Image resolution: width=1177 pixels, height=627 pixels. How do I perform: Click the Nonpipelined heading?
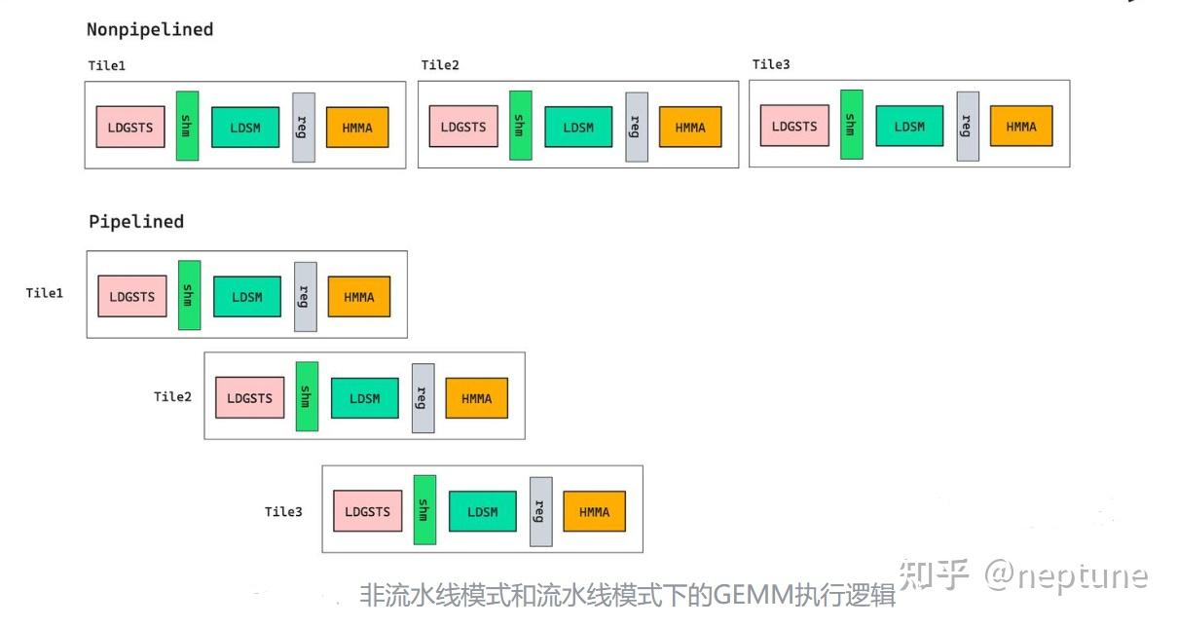point(150,29)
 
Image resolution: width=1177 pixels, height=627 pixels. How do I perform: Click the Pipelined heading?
point(136,221)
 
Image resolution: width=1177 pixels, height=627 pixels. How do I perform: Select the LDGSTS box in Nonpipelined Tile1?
point(130,127)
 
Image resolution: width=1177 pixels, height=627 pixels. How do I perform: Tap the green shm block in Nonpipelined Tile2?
point(521,126)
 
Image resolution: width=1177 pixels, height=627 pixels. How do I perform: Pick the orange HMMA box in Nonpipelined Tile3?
point(1021,127)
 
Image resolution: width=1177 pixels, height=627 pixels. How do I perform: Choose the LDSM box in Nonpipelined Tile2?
point(578,127)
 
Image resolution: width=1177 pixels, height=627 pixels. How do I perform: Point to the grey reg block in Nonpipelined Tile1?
point(304,127)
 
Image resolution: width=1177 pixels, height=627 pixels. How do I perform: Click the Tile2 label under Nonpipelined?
point(440,65)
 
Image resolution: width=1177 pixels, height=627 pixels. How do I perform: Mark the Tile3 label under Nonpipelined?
point(771,64)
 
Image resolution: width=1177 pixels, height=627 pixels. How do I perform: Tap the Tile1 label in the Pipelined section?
point(45,293)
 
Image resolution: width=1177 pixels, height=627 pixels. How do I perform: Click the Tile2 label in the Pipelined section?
point(172,396)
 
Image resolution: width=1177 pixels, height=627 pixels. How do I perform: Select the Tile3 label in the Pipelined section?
point(283,511)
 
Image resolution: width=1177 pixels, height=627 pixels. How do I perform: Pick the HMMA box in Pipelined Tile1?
point(359,297)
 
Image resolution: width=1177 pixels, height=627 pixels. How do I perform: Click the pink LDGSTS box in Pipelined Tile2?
point(250,398)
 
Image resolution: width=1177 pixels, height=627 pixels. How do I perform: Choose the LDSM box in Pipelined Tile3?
point(482,511)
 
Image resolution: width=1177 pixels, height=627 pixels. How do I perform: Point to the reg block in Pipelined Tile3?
point(541,511)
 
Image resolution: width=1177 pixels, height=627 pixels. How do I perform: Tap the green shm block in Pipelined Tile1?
point(190,295)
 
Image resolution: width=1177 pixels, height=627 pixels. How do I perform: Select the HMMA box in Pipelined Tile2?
point(477,398)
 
